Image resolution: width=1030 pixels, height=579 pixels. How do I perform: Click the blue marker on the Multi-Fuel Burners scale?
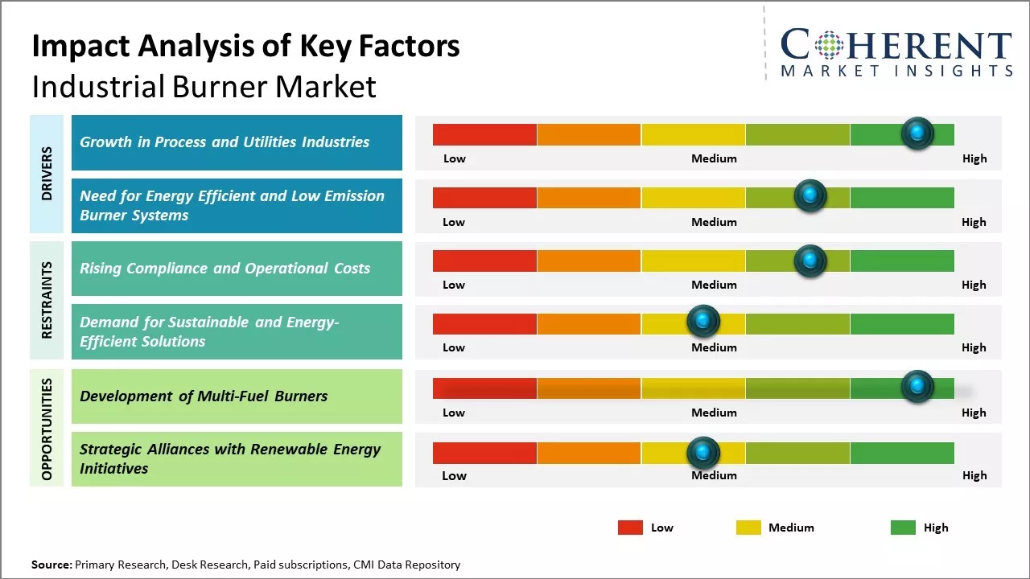[x=917, y=387]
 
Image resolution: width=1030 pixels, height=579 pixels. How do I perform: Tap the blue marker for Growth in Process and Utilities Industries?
[x=917, y=133]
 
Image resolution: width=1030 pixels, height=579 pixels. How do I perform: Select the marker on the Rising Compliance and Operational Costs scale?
[x=810, y=261]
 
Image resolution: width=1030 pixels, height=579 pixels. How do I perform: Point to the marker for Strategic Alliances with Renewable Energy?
[x=703, y=453]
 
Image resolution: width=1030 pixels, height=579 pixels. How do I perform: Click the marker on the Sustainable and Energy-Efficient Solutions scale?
[x=703, y=322]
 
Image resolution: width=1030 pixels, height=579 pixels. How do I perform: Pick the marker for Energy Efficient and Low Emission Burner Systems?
[x=810, y=195]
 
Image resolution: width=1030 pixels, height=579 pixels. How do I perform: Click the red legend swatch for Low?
[x=630, y=528]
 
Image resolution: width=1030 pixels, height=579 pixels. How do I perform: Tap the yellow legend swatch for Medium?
[x=748, y=528]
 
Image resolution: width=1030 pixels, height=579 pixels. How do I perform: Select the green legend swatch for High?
[x=903, y=528]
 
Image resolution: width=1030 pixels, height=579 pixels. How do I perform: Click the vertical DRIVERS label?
[x=47, y=173]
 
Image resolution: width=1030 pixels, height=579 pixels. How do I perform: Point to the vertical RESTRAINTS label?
[x=47, y=300]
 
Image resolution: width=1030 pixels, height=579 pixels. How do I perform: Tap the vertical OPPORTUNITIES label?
[x=47, y=429]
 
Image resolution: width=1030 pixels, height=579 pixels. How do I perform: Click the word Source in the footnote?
[x=51, y=565]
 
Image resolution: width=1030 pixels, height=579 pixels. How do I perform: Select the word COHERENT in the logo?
[x=896, y=45]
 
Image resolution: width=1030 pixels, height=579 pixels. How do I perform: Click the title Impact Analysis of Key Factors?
[x=245, y=47]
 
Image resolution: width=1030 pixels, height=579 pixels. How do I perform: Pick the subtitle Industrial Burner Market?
[x=204, y=86]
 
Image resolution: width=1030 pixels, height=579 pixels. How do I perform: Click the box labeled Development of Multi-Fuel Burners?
[x=237, y=396]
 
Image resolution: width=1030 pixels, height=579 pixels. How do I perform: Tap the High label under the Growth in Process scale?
[x=974, y=158]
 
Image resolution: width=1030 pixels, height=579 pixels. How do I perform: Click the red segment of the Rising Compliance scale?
[x=484, y=261]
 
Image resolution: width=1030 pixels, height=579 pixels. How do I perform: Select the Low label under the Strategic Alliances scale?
[x=454, y=475]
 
